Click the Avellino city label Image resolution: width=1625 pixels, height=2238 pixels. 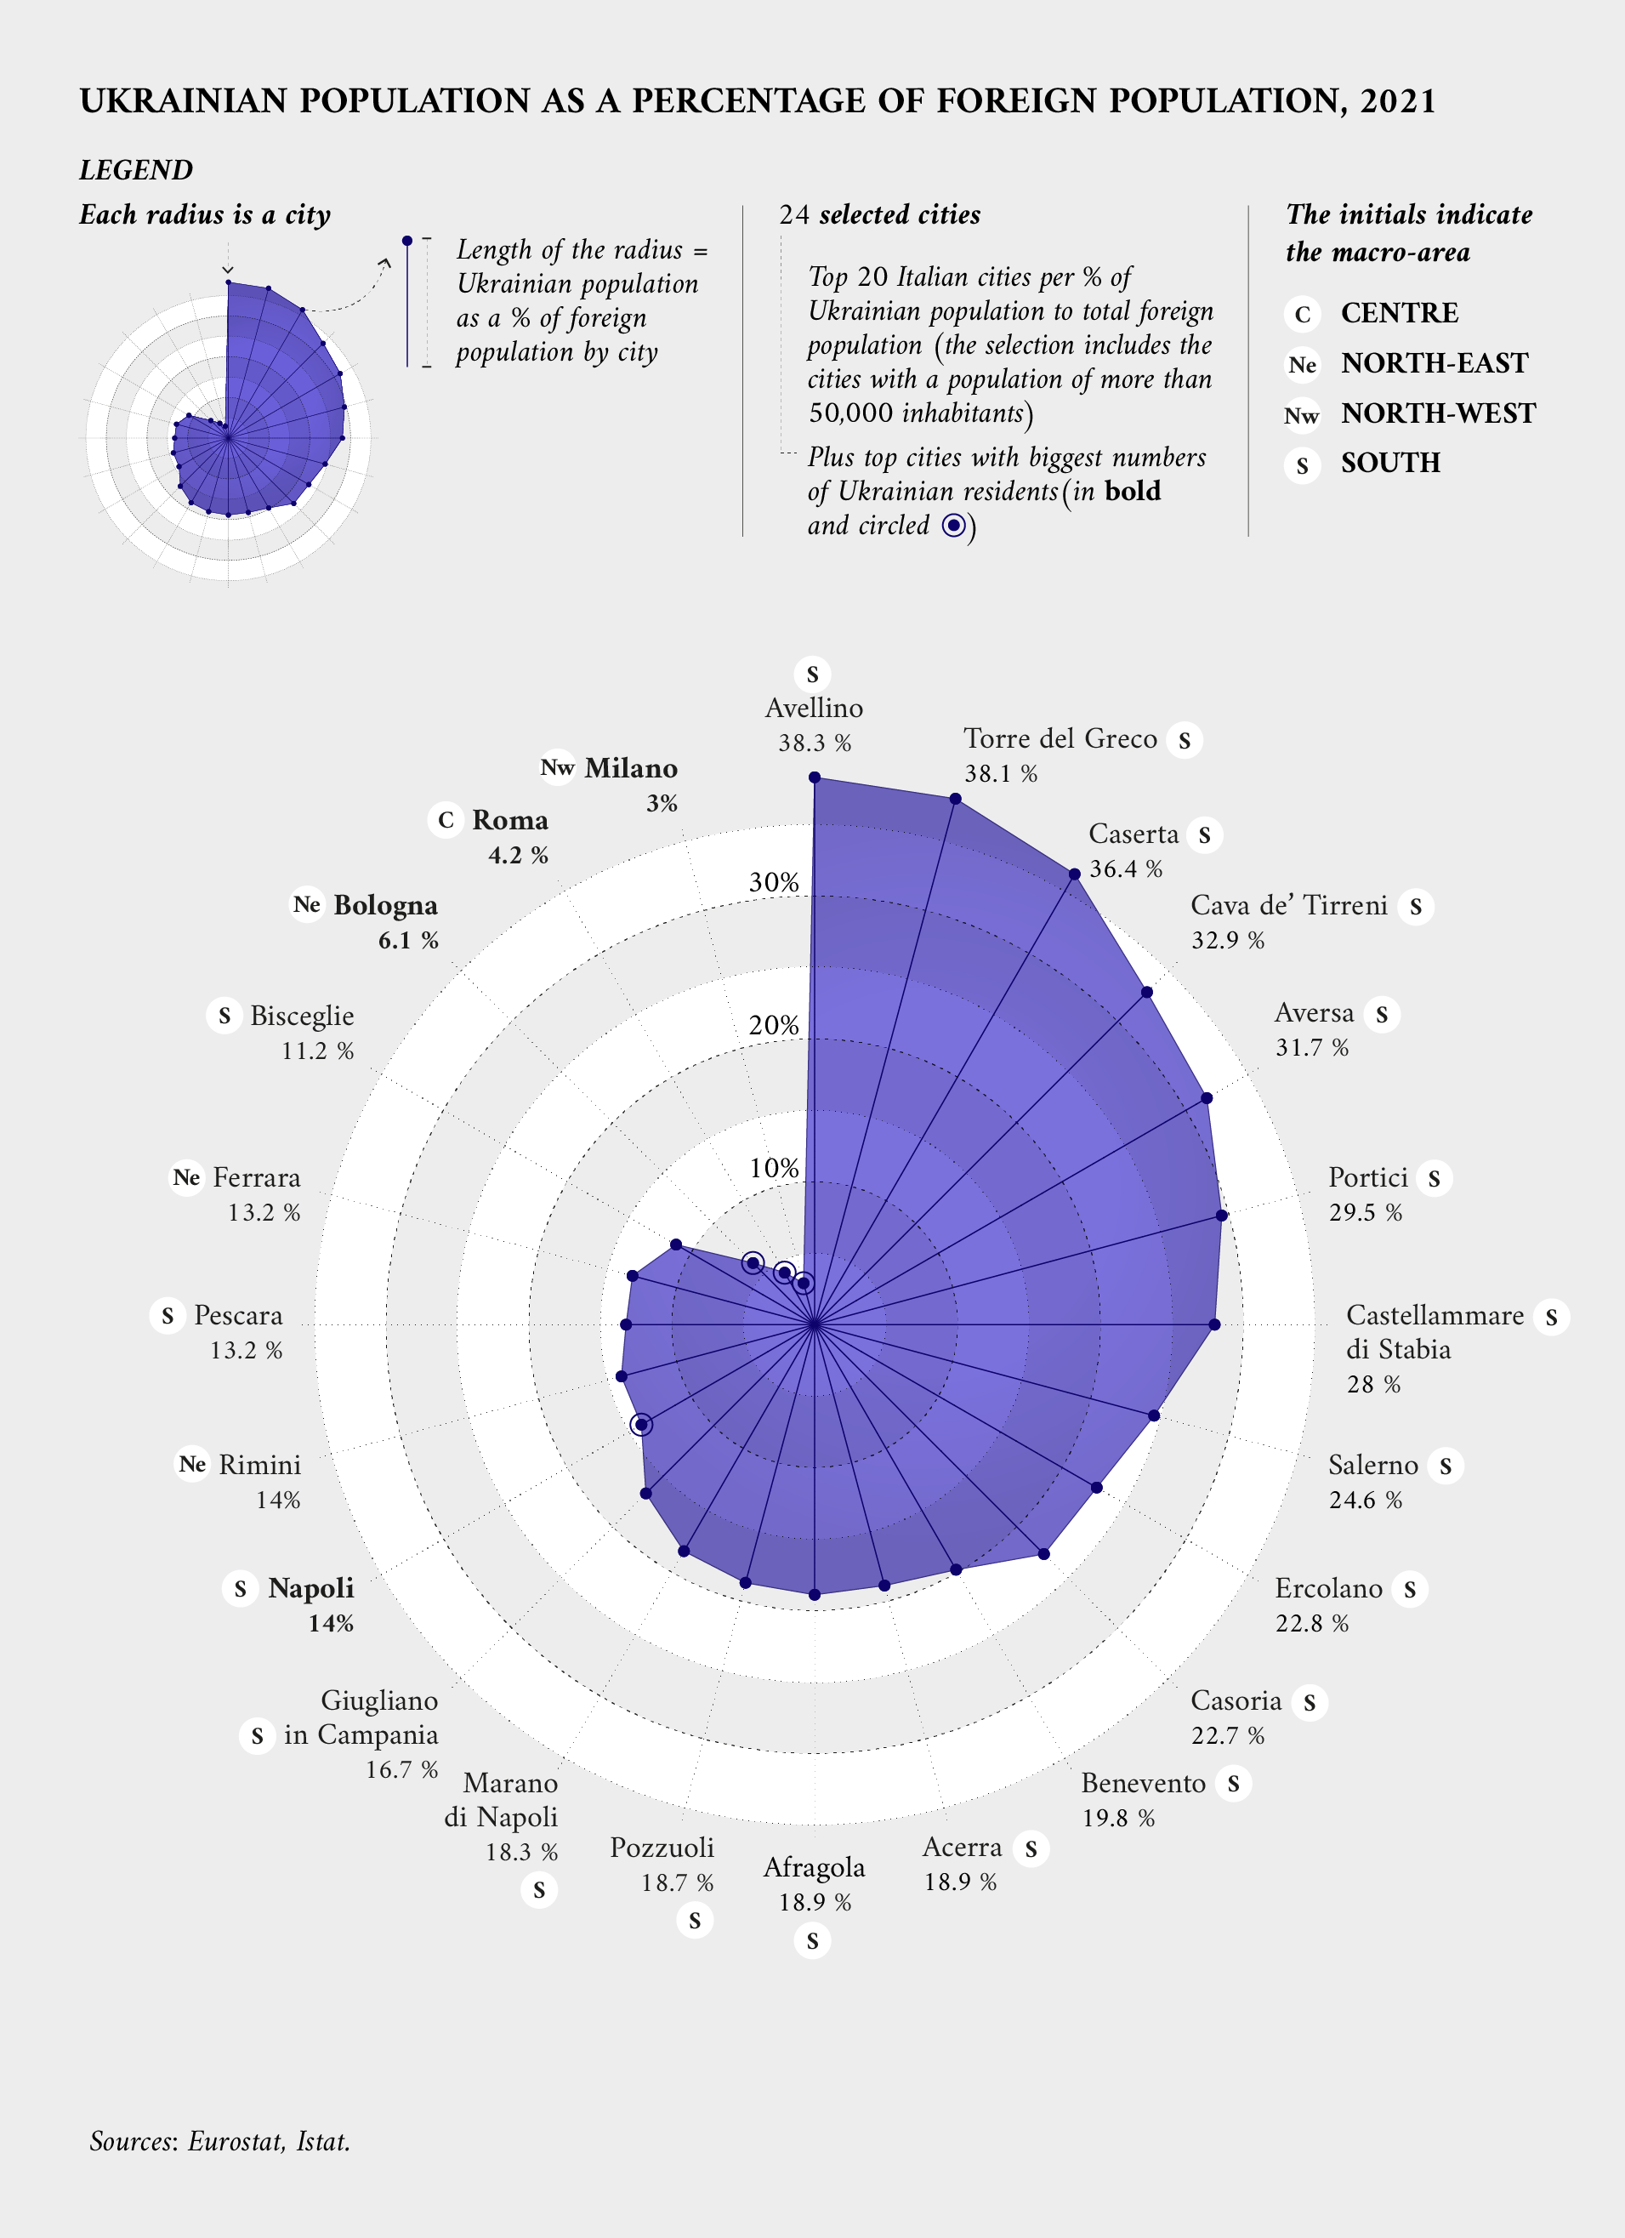[814, 708]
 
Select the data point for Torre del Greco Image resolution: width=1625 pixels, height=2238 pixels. [955, 798]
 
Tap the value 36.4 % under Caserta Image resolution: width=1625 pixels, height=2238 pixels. [1126, 869]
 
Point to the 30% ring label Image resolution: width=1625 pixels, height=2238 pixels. [774, 882]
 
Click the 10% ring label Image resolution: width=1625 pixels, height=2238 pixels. [774, 1169]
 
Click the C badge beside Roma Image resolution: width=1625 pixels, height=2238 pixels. [446, 820]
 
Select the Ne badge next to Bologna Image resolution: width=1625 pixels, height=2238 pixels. [307, 905]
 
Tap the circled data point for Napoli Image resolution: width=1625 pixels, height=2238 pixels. [642, 1425]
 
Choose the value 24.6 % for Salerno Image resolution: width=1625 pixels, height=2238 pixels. [1365, 1501]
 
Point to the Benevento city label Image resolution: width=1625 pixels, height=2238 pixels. [1143, 1783]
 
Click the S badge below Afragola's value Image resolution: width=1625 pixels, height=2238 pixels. [812, 1941]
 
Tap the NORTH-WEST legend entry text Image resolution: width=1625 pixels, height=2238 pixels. [1438, 413]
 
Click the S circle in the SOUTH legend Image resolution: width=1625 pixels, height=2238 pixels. [1303, 464]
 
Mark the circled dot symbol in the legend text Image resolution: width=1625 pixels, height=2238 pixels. [953, 526]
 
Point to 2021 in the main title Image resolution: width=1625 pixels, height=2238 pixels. [1397, 100]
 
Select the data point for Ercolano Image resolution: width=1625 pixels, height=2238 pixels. [1096, 1487]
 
